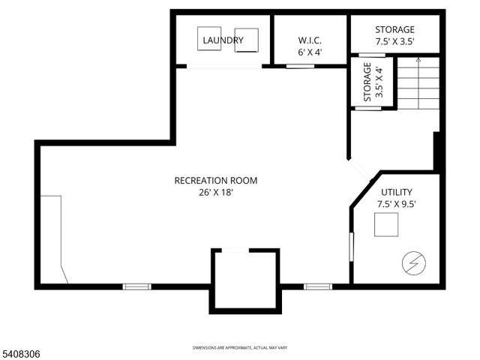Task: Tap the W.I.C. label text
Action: (310, 40)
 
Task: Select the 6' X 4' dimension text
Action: (310, 52)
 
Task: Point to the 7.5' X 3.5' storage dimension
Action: (394, 42)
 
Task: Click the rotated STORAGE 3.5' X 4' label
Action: (373, 82)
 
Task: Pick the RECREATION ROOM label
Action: (216, 180)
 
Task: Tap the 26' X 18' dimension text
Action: (216, 192)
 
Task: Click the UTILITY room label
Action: (396, 192)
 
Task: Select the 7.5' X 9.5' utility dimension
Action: (396, 203)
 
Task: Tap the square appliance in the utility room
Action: (387, 225)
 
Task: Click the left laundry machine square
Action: (210, 39)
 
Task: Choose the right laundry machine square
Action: (246, 40)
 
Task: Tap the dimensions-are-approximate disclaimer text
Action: (240, 347)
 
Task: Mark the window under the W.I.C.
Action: (300, 66)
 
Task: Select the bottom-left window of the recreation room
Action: (137, 286)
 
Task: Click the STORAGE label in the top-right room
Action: (394, 30)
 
